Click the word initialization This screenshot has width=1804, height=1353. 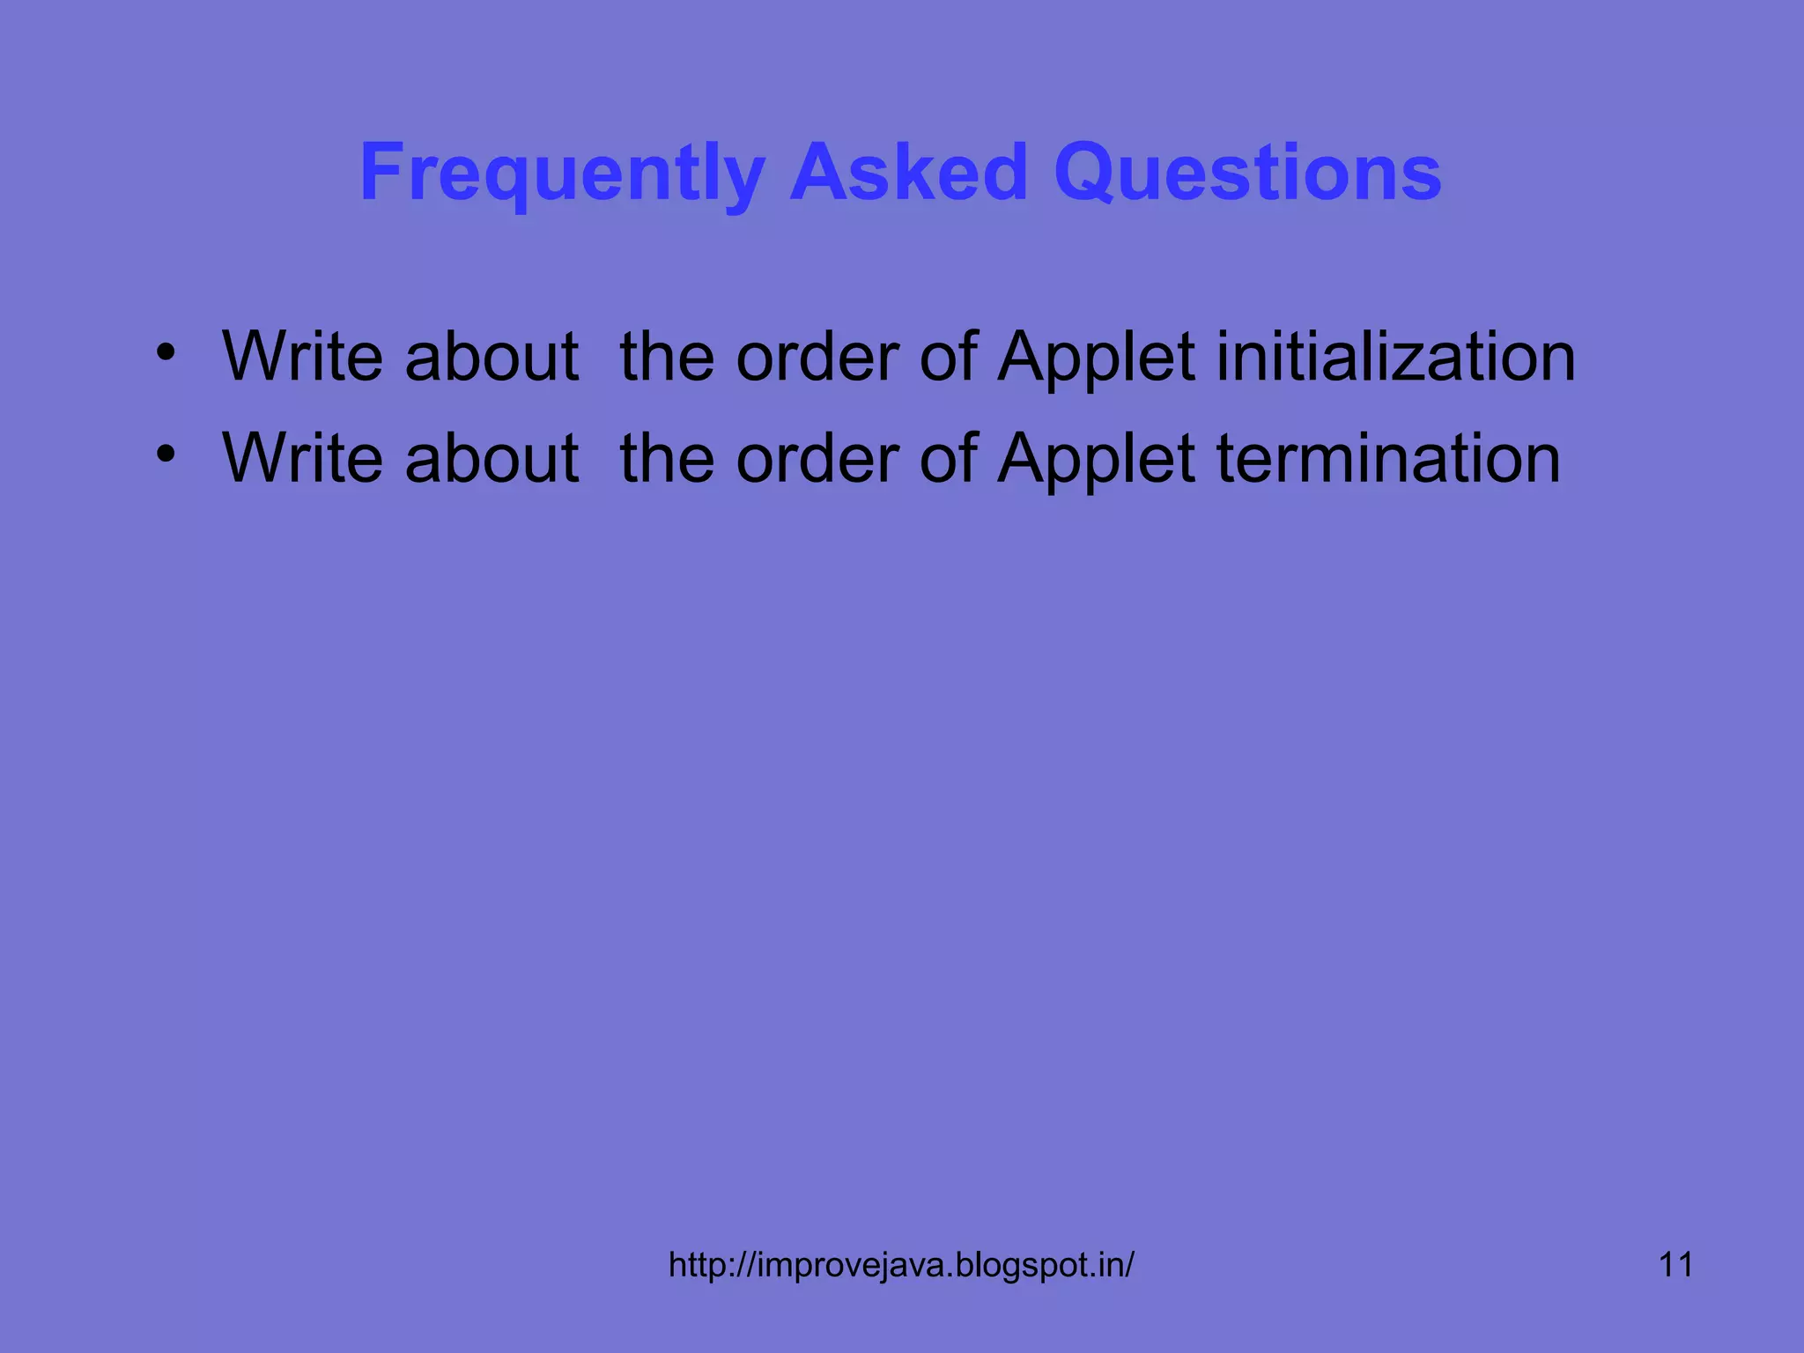pos(1396,357)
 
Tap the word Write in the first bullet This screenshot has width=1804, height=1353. pos(302,357)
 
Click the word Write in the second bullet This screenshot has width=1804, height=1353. pos(302,459)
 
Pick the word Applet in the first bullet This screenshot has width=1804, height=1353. pos(1096,359)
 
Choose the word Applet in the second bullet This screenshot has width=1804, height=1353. pos(1096,461)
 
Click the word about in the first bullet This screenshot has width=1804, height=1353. pos(492,357)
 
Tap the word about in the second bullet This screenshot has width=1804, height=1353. pos(492,459)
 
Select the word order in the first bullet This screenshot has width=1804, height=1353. pos(817,357)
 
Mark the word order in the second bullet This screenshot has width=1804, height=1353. pos(817,459)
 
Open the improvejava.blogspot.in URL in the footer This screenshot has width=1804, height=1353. pos(901,1265)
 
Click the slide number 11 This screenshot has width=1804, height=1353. pos(1675,1265)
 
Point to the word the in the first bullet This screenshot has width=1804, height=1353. pos(667,357)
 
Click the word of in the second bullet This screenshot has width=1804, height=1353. pos(948,459)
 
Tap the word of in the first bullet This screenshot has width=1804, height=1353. pos(948,357)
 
